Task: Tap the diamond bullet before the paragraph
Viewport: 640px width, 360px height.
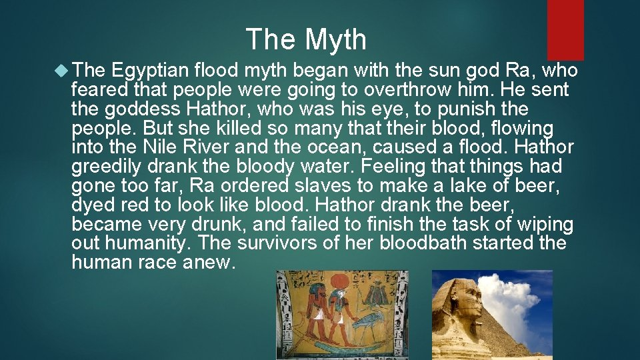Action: (61, 71)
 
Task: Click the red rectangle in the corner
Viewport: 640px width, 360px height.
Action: (565, 30)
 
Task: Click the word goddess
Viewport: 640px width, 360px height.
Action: (143, 109)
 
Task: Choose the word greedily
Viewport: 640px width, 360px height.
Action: (106, 167)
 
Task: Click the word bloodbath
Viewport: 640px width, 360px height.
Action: (423, 243)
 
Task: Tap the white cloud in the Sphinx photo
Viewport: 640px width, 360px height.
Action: (509, 302)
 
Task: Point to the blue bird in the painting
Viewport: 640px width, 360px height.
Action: (369, 321)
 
